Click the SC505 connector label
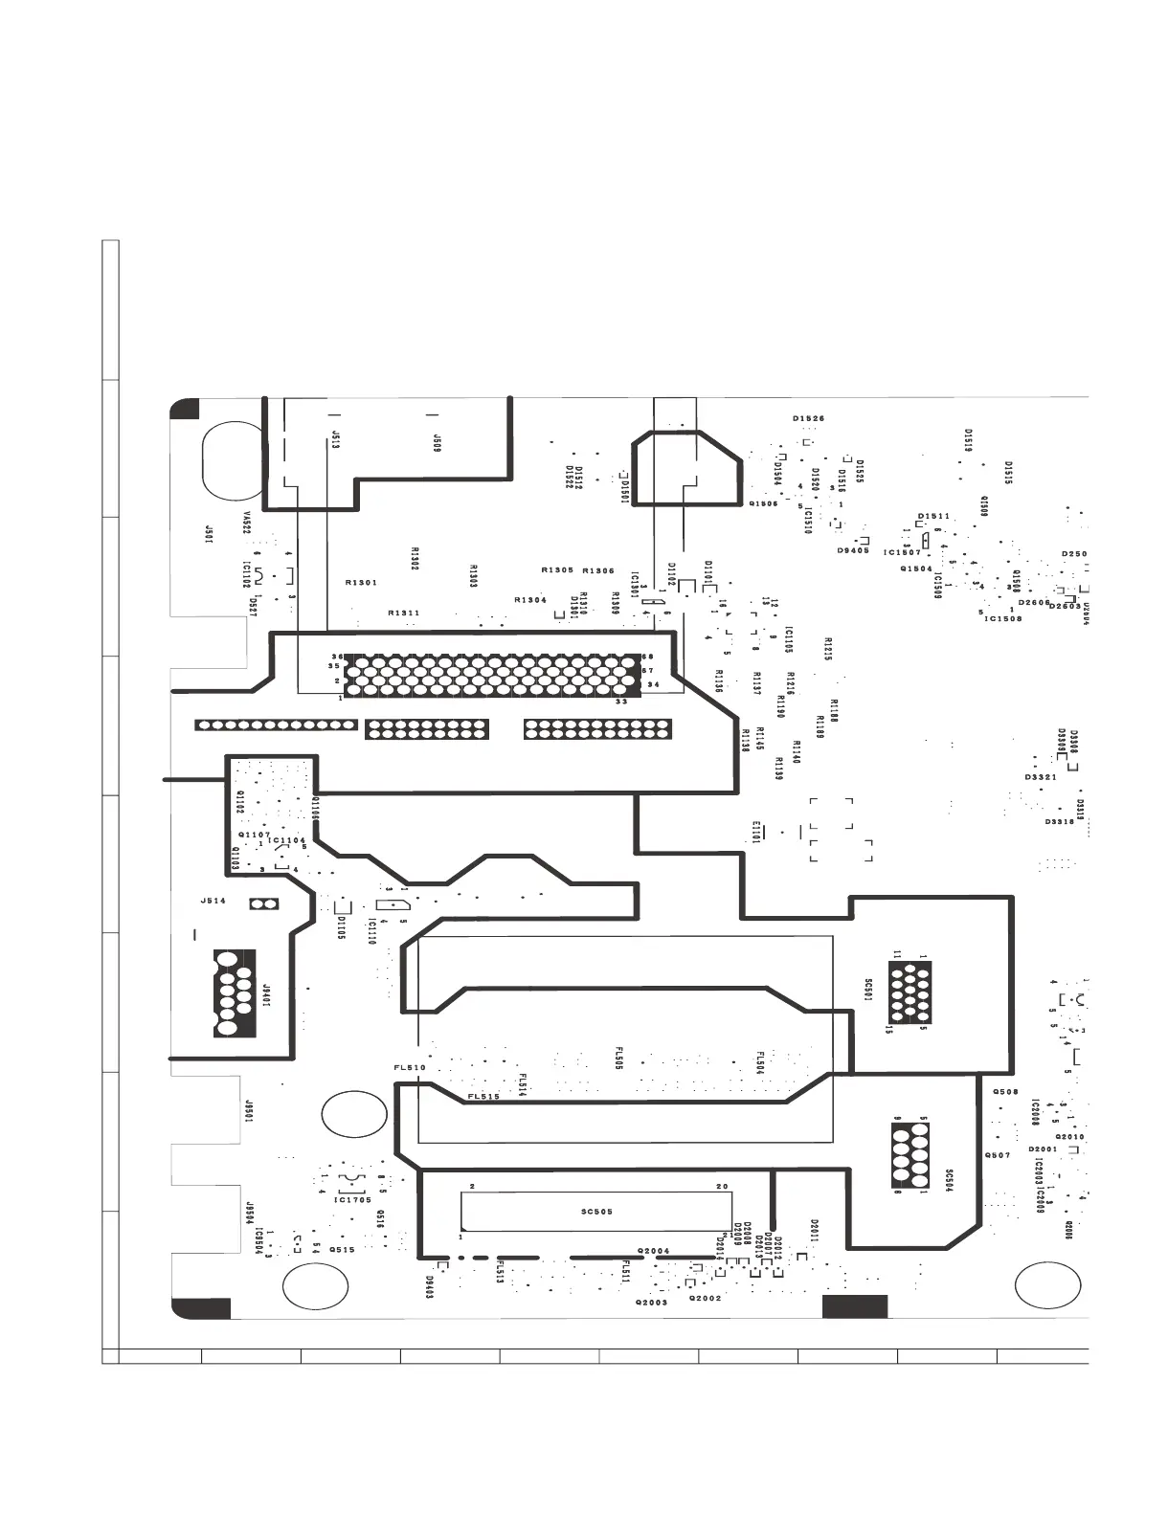[596, 1212]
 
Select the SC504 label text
[949, 1179]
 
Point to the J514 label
[213, 901]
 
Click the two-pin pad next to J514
[261, 903]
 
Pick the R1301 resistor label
[361, 582]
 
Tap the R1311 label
[403, 613]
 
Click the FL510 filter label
[409, 1067]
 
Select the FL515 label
[483, 1097]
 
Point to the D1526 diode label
[808, 418]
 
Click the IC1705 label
[352, 1199]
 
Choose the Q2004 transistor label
[653, 1251]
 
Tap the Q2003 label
[651, 1302]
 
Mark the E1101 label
[756, 833]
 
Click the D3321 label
[1040, 777]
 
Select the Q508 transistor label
[1005, 1092]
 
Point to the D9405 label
[853, 550]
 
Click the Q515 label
[342, 1249]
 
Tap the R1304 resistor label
[530, 600]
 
